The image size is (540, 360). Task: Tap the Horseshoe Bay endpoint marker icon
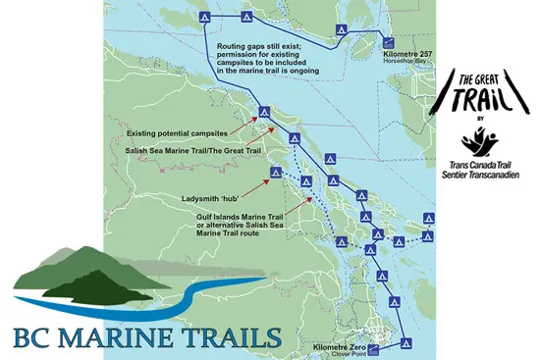point(388,42)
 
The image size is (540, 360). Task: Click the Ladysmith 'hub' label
point(212,197)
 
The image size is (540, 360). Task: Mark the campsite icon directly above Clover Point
point(405,320)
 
